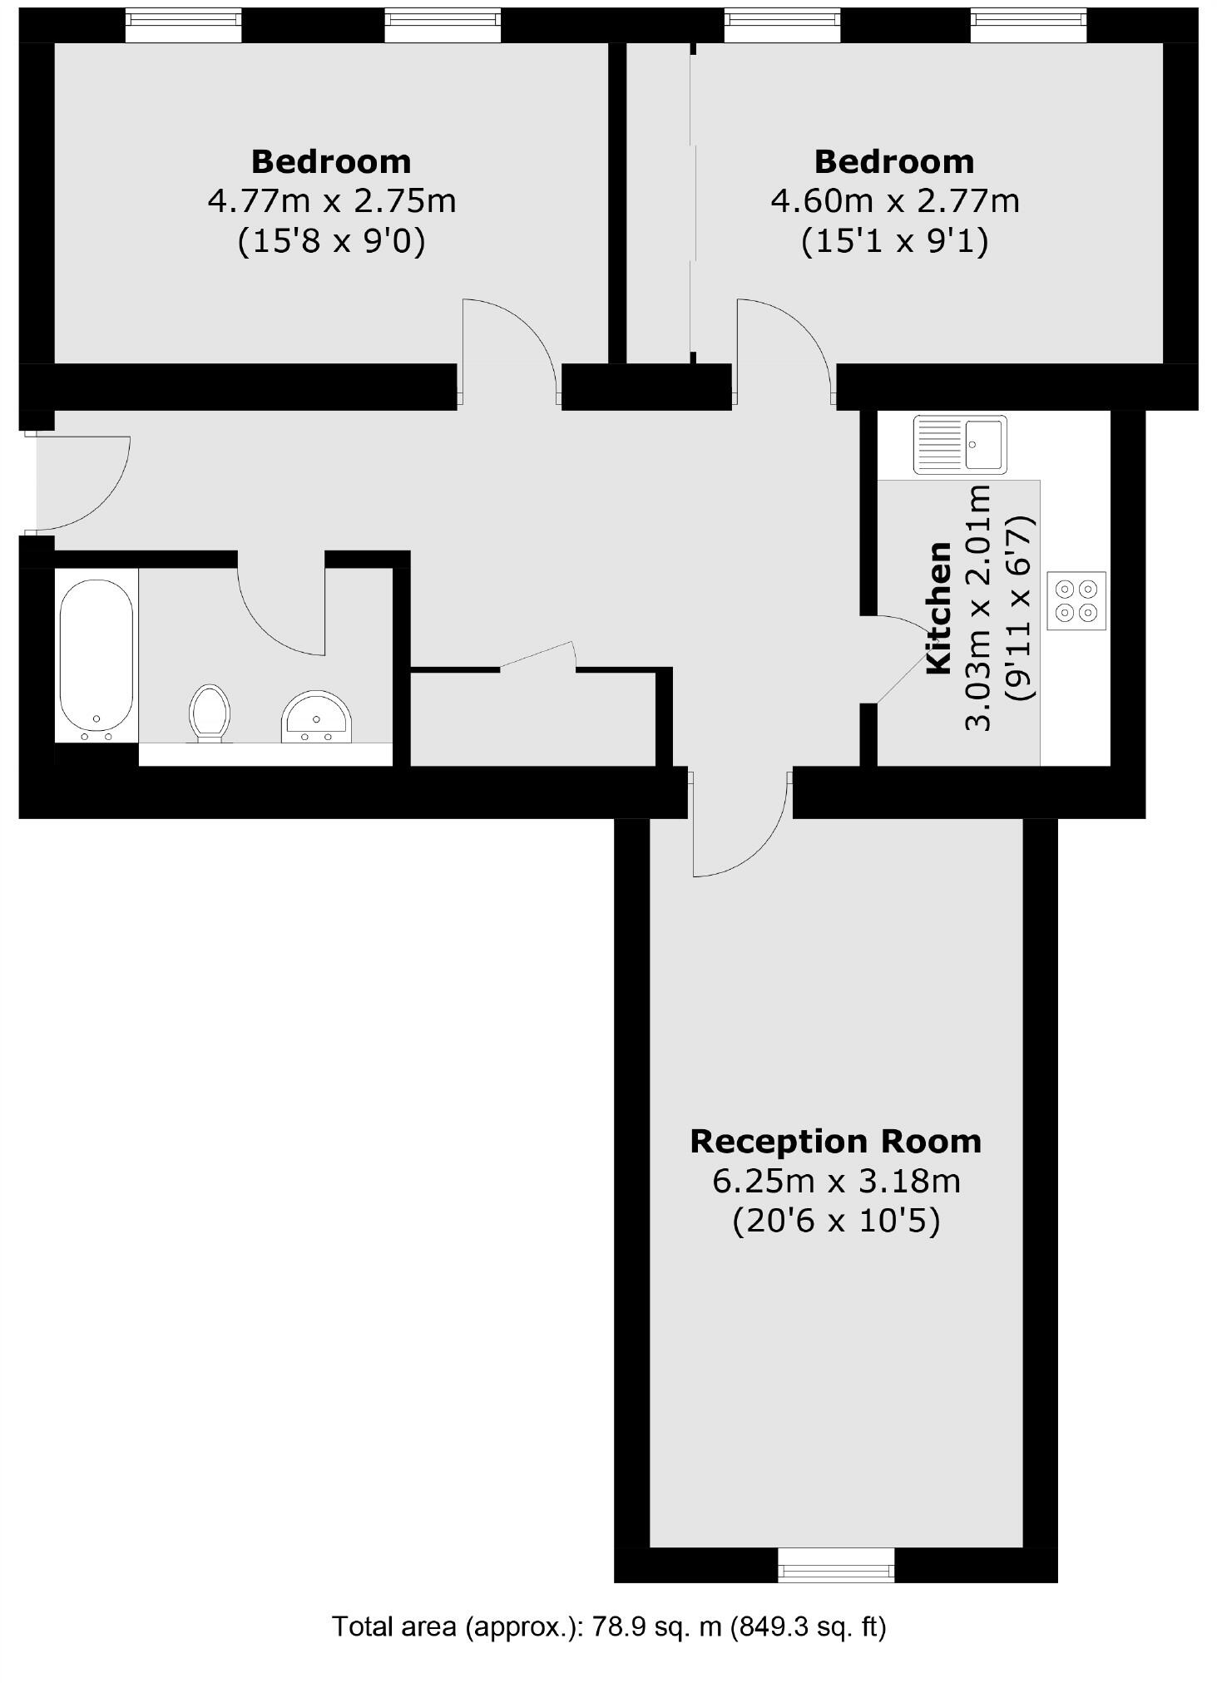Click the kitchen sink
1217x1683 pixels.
[959, 444]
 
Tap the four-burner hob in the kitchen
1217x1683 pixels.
[1076, 600]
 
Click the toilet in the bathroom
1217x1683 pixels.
[209, 712]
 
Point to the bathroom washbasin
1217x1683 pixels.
[316, 715]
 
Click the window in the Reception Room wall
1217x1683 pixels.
[836, 1564]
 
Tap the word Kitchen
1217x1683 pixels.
[938, 607]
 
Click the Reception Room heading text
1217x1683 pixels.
[835, 1141]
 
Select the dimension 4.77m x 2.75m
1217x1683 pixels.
[331, 200]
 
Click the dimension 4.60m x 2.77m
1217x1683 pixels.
[894, 200]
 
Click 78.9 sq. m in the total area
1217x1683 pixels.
[655, 1626]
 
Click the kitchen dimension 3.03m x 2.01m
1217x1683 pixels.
[979, 607]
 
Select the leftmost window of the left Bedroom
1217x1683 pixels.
[183, 24]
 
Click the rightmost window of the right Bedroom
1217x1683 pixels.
[1028, 24]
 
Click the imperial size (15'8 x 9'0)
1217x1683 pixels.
[331, 241]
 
